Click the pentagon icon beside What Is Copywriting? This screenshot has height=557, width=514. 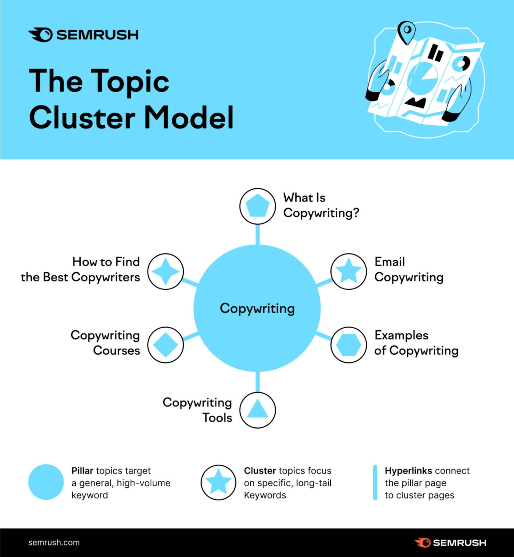[x=258, y=206]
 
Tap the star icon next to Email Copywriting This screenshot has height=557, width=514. [x=349, y=271]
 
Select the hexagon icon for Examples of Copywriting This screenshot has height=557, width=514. [x=349, y=345]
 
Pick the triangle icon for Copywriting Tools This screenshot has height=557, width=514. [x=258, y=410]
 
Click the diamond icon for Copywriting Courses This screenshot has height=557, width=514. [x=165, y=345]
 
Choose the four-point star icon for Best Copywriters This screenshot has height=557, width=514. [x=165, y=271]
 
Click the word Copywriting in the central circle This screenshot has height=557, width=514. [x=257, y=308]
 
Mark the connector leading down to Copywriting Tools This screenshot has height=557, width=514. [x=258, y=382]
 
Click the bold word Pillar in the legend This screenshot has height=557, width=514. [x=82, y=471]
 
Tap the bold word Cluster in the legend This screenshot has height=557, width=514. [x=260, y=471]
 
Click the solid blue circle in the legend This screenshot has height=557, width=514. [x=46, y=482]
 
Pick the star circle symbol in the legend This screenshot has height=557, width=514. [x=218, y=482]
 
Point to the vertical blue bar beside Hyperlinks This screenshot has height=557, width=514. [x=375, y=483]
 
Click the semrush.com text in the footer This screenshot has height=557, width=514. [x=54, y=542]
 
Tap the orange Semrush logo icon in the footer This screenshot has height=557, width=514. [x=423, y=542]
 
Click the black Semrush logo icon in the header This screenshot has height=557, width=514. [x=41, y=35]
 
